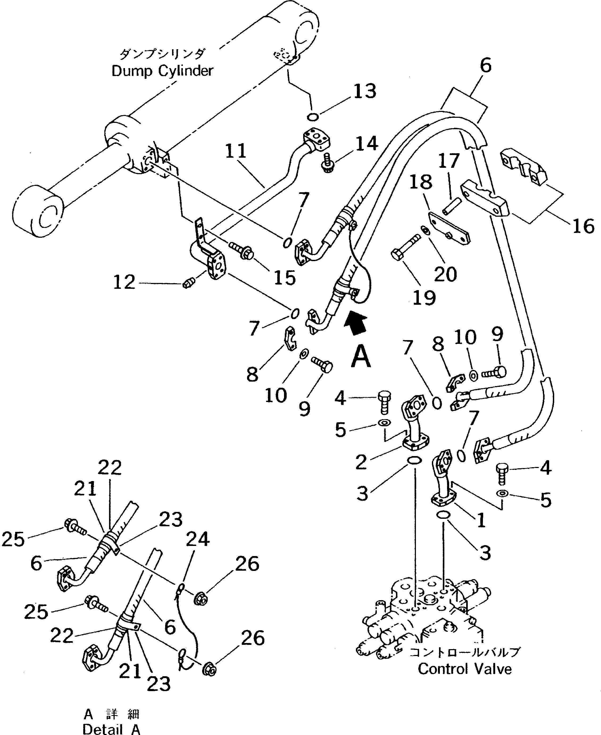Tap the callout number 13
[364, 91]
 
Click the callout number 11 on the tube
[236, 151]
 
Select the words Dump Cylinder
[162, 71]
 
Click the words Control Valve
[464, 669]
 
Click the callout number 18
[421, 182]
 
